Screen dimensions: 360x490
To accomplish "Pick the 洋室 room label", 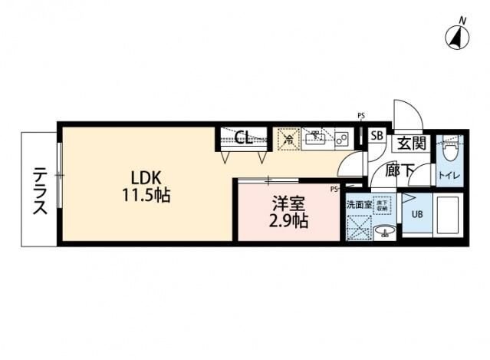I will click(288, 203).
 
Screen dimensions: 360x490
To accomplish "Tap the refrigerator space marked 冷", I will click(288, 139).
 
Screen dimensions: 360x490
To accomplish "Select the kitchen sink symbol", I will click(315, 139).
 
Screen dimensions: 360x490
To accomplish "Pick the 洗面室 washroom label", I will click(358, 204).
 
